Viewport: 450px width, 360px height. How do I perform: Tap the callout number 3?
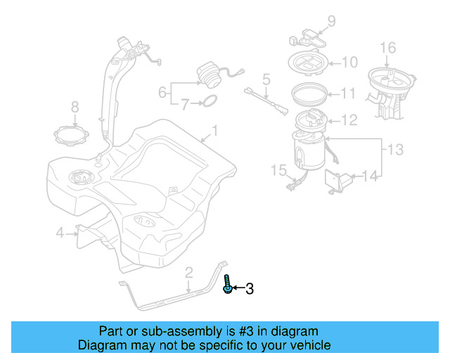pos(249,288)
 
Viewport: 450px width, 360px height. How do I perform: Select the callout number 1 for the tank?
pos(215,131)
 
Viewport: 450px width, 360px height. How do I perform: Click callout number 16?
pos(388,48)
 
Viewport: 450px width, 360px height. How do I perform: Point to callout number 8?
pos(75,107)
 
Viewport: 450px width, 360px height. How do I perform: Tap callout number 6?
pos(162,91)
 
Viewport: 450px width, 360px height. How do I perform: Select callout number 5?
pos(266,78)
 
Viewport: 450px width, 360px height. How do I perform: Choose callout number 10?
pos(349,63)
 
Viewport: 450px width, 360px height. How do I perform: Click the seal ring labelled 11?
pos(309,91)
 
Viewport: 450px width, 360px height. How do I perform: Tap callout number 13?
pos(396,148)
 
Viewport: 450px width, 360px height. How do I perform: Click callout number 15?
pos(279,169)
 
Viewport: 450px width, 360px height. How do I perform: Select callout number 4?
pos(60,232)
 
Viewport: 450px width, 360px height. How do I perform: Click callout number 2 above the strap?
pos(188,272)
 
